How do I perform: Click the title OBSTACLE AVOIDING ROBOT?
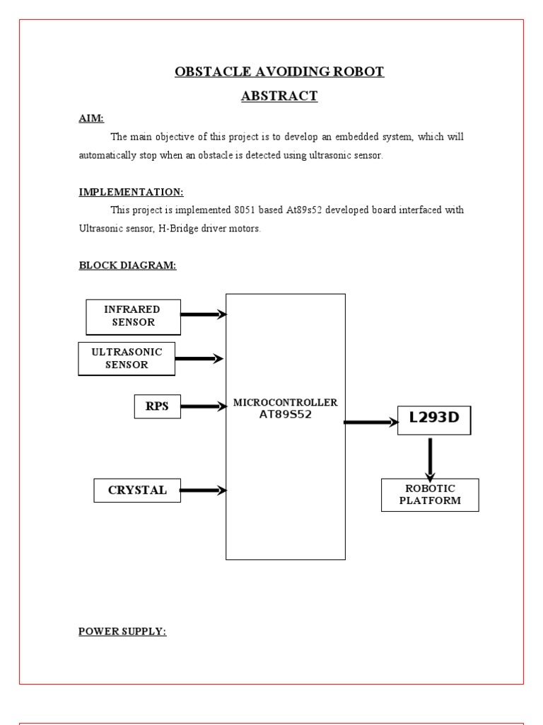coord(279,72)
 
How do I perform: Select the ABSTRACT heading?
coord(279,96)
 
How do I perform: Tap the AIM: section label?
coord(91,119)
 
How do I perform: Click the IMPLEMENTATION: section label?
coord(131,193)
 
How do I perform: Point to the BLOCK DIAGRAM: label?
coord(127,266)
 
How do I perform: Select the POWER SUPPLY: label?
coord(122,632)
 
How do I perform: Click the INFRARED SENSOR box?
coord(133,316)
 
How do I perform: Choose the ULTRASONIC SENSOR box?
coord(127,358)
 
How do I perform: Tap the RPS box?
coord(157,406)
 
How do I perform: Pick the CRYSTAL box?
coord(137,490)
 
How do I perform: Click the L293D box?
coord(434,418)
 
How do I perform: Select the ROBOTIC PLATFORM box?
coord(430,495)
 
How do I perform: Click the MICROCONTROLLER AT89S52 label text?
coord(286,409)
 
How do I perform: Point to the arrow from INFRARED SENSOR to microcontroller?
coord(204,314)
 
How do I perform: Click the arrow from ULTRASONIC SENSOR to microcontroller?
coord(199,359)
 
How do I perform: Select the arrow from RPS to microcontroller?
coord(203,406)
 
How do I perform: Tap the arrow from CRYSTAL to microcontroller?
coord(203,490)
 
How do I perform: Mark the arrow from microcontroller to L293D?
coord(371,423)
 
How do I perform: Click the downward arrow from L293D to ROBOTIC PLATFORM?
coord(430,459)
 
